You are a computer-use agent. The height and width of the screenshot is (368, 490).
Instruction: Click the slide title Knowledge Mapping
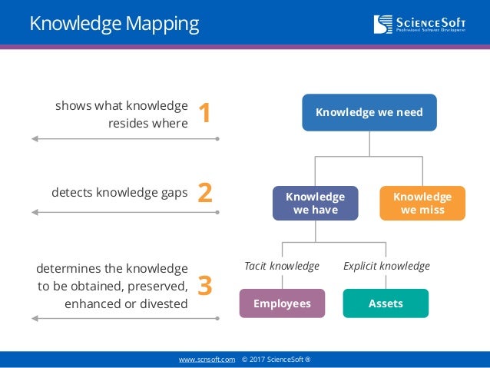pos(114,23)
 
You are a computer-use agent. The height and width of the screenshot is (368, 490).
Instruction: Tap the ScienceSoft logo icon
pos(382,25)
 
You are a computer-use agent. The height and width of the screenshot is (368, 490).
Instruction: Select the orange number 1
pos(204,113)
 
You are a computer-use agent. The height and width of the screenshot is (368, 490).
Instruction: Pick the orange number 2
pos(205,192)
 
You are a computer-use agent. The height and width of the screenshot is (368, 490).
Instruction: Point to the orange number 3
pos(205,285)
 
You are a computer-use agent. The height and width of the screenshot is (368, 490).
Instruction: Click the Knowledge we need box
pos(369,112)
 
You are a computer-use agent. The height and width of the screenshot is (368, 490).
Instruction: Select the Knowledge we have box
pos(315,204)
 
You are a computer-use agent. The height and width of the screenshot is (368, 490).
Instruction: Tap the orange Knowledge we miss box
pos(422,204)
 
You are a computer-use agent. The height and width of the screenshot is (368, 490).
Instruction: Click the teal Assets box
pos(386,303)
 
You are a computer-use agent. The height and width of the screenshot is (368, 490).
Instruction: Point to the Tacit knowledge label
pos(281,266)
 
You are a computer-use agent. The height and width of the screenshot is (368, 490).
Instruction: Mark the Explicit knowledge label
pos(386,266)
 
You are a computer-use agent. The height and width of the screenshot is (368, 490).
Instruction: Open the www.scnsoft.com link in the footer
pos(207,360)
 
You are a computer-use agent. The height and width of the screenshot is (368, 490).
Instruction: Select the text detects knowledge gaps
pos(120,192)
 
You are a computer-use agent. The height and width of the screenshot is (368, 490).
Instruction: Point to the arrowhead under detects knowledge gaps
pos(35,212)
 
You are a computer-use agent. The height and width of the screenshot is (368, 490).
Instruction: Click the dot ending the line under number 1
pos(217,139)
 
